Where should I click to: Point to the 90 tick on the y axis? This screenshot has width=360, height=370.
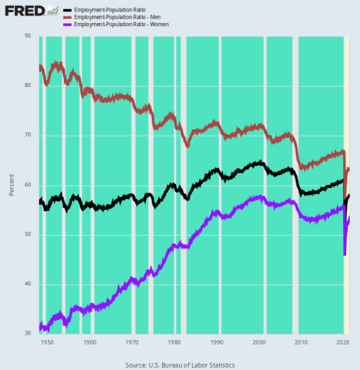click(28, 36)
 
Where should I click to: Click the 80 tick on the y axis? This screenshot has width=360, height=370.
click(28, 86)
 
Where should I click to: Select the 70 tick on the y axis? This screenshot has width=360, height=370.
click(28, 135)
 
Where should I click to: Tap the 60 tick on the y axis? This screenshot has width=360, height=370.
click(28, 185)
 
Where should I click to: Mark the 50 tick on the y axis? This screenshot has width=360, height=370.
click(28, 234)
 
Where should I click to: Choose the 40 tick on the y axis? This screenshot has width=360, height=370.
click(28, 284)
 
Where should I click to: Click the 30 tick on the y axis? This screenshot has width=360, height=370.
click(28, 333)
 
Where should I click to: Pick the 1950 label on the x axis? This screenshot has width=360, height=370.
click(47, 341)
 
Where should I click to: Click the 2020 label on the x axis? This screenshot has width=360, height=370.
click(344, 341)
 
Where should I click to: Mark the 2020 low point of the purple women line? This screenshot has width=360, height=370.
click(345, 254)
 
